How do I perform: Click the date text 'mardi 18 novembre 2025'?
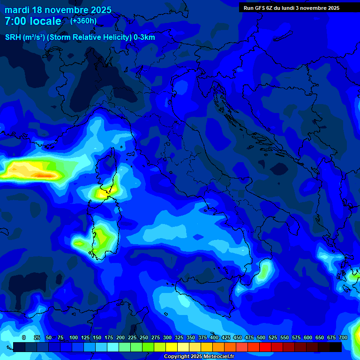tap(58, 10)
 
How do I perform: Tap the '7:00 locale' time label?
tap(33, 21)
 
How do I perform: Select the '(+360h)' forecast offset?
tap(83, 21)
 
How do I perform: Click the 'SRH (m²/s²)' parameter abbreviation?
tap(25, 37)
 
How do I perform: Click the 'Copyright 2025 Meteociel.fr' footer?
tap(199, 357)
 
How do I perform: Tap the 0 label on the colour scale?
tap(24, 337)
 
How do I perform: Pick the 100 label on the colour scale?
tap(74, 337)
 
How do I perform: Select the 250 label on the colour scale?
tap(144, 337)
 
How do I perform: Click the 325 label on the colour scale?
tap(179, 337)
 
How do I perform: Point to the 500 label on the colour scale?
tap(261, 337)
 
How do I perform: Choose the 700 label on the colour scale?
tap(343, 337)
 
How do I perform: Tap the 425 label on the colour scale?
tap(226, 337)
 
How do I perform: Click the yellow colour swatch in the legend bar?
tap(172, 347)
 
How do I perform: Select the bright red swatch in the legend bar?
tap(265, 347)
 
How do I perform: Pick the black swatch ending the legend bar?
tap(336, 347)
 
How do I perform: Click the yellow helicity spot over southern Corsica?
tap(102, 192)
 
